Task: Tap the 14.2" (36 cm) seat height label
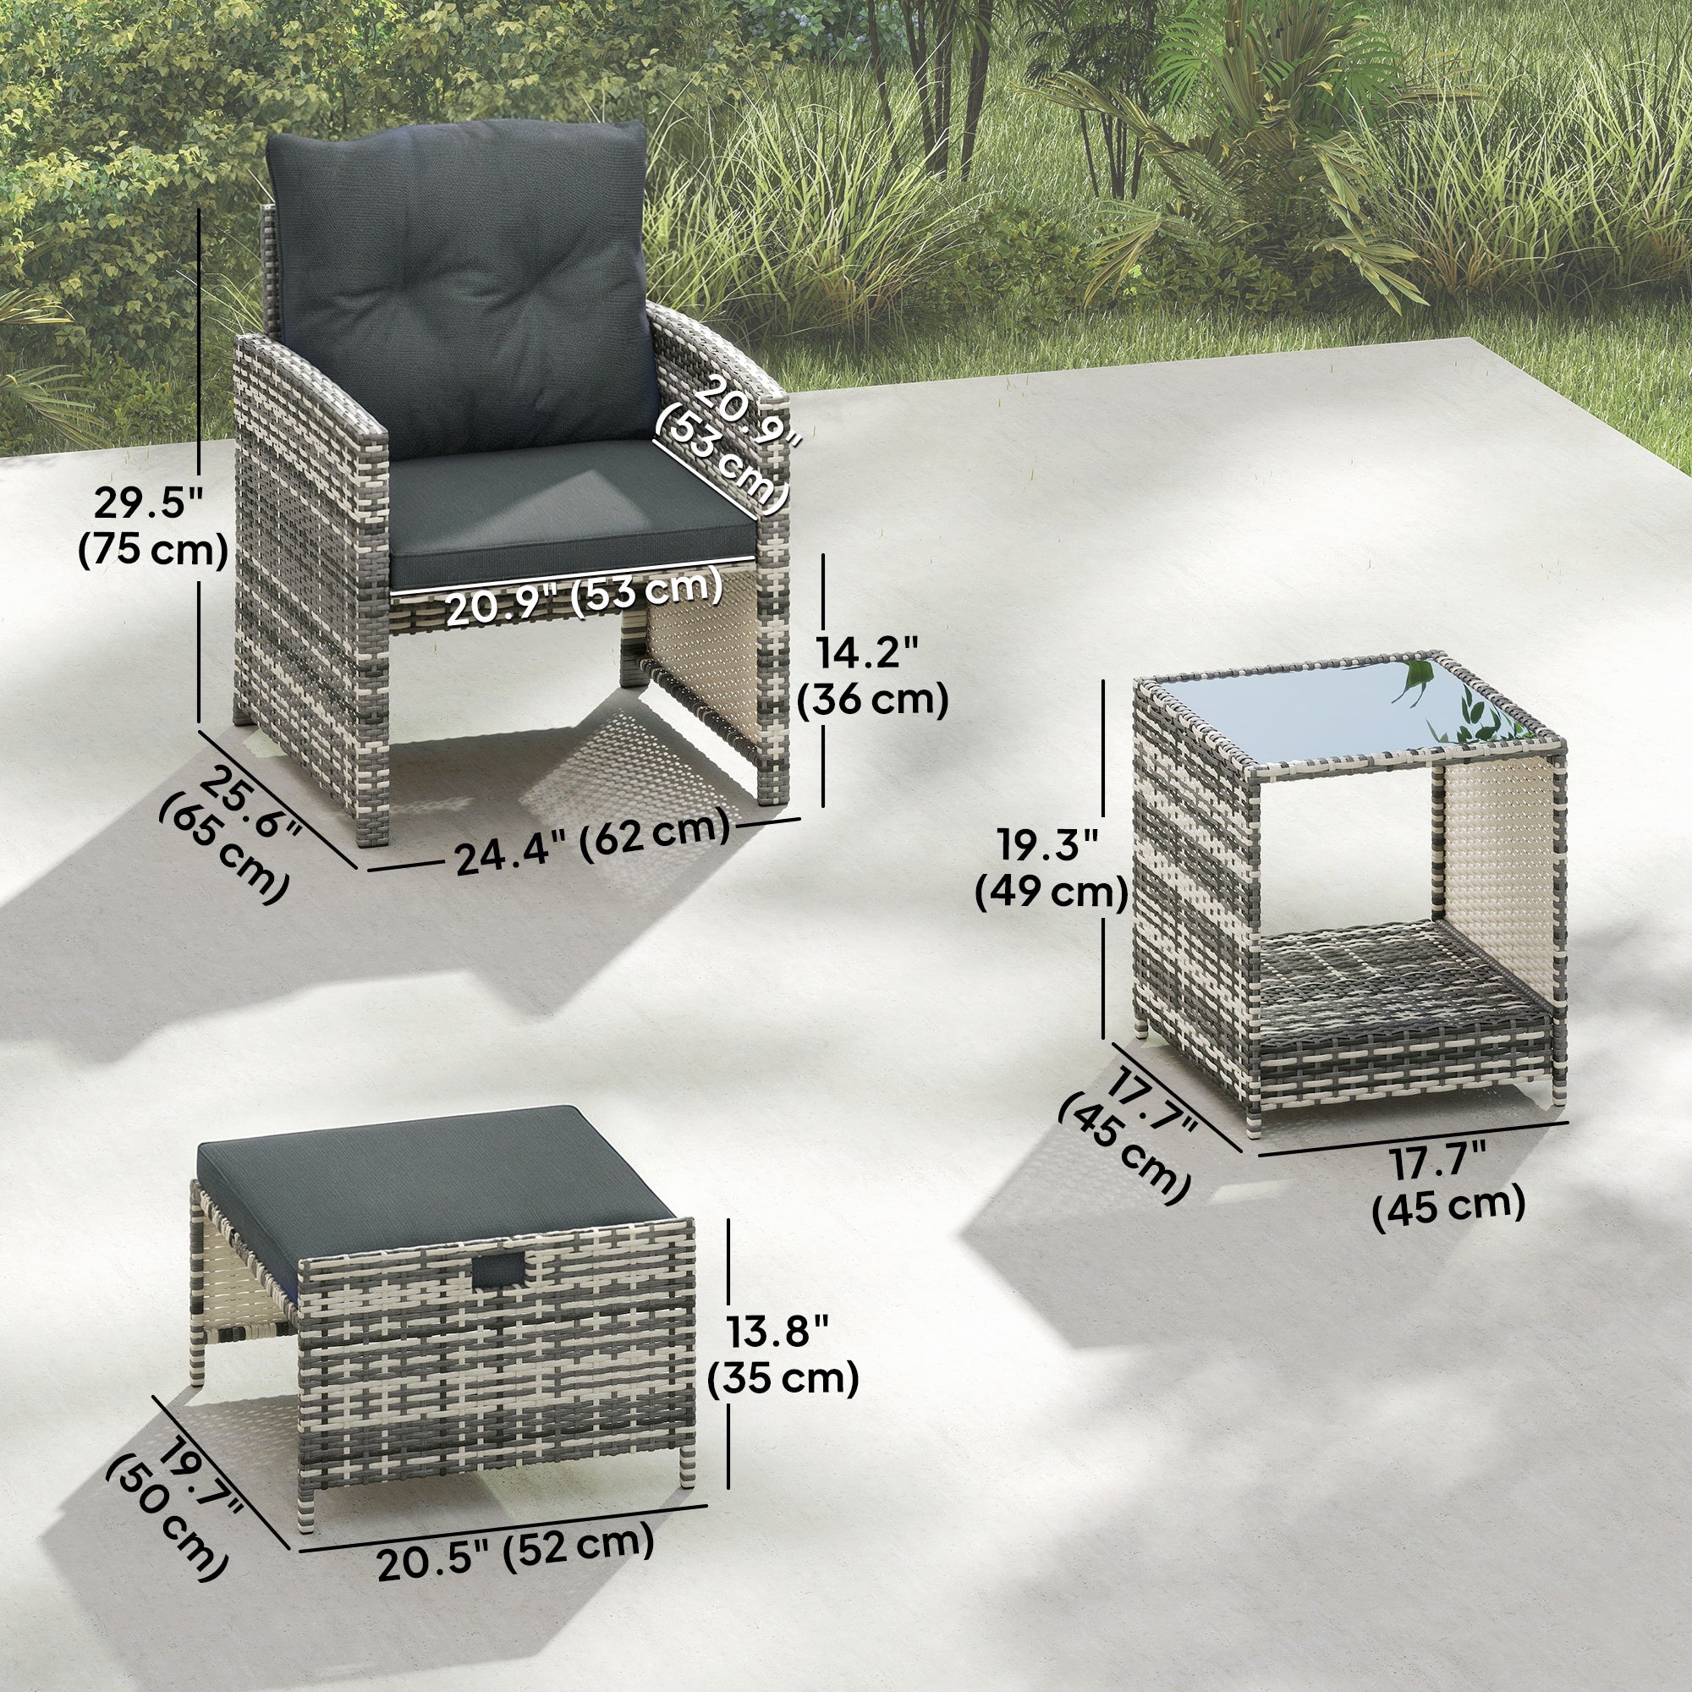pos(873,677)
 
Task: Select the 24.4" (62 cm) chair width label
pos(592,839)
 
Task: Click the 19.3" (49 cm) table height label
pos(1052,870)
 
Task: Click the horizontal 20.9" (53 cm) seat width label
pos(584,595)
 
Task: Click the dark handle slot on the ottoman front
pos(501,1271)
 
